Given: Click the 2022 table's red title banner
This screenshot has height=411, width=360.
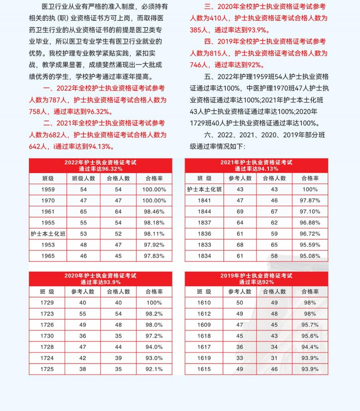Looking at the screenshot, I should point(100,165).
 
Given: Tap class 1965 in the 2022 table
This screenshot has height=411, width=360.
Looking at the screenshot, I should point(48,256).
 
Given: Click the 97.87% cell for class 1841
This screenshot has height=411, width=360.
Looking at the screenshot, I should point(310,200).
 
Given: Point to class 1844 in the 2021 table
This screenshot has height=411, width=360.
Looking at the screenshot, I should point(204,212).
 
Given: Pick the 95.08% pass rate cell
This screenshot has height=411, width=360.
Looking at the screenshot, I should point(310,256).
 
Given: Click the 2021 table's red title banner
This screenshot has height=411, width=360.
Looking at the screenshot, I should point(256,165).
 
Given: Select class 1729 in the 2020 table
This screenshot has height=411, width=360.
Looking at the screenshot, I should point(47,303).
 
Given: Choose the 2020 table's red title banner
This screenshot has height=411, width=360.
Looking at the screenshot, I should point(100,279).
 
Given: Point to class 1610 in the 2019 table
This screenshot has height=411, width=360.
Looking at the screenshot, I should point(204,303).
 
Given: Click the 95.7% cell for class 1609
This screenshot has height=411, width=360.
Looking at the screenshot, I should point(310,325).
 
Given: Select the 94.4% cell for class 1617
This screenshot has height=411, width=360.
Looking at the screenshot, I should point(310,347).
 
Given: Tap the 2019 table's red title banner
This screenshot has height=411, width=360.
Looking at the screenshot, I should point(256,279).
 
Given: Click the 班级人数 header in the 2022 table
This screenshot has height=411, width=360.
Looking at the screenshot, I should point(84,178).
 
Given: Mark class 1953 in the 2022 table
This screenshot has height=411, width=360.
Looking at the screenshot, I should point(48,245).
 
